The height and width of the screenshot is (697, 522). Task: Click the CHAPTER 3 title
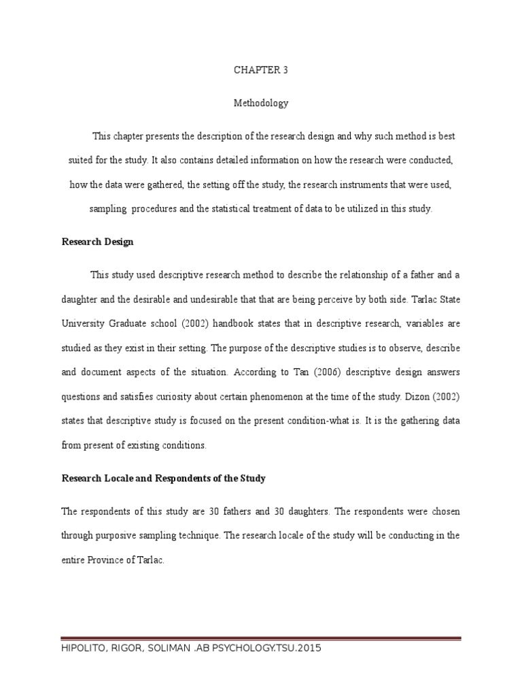pyautogui.click(x=261, y=69)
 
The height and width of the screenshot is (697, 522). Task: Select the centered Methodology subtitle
pyautogui.click(x=261, y=103)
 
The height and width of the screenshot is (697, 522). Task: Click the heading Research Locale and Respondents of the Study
pyautogui.click(x=163, y=479)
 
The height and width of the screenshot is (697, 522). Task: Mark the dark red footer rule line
pyautogui.click(x=261, y=638)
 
